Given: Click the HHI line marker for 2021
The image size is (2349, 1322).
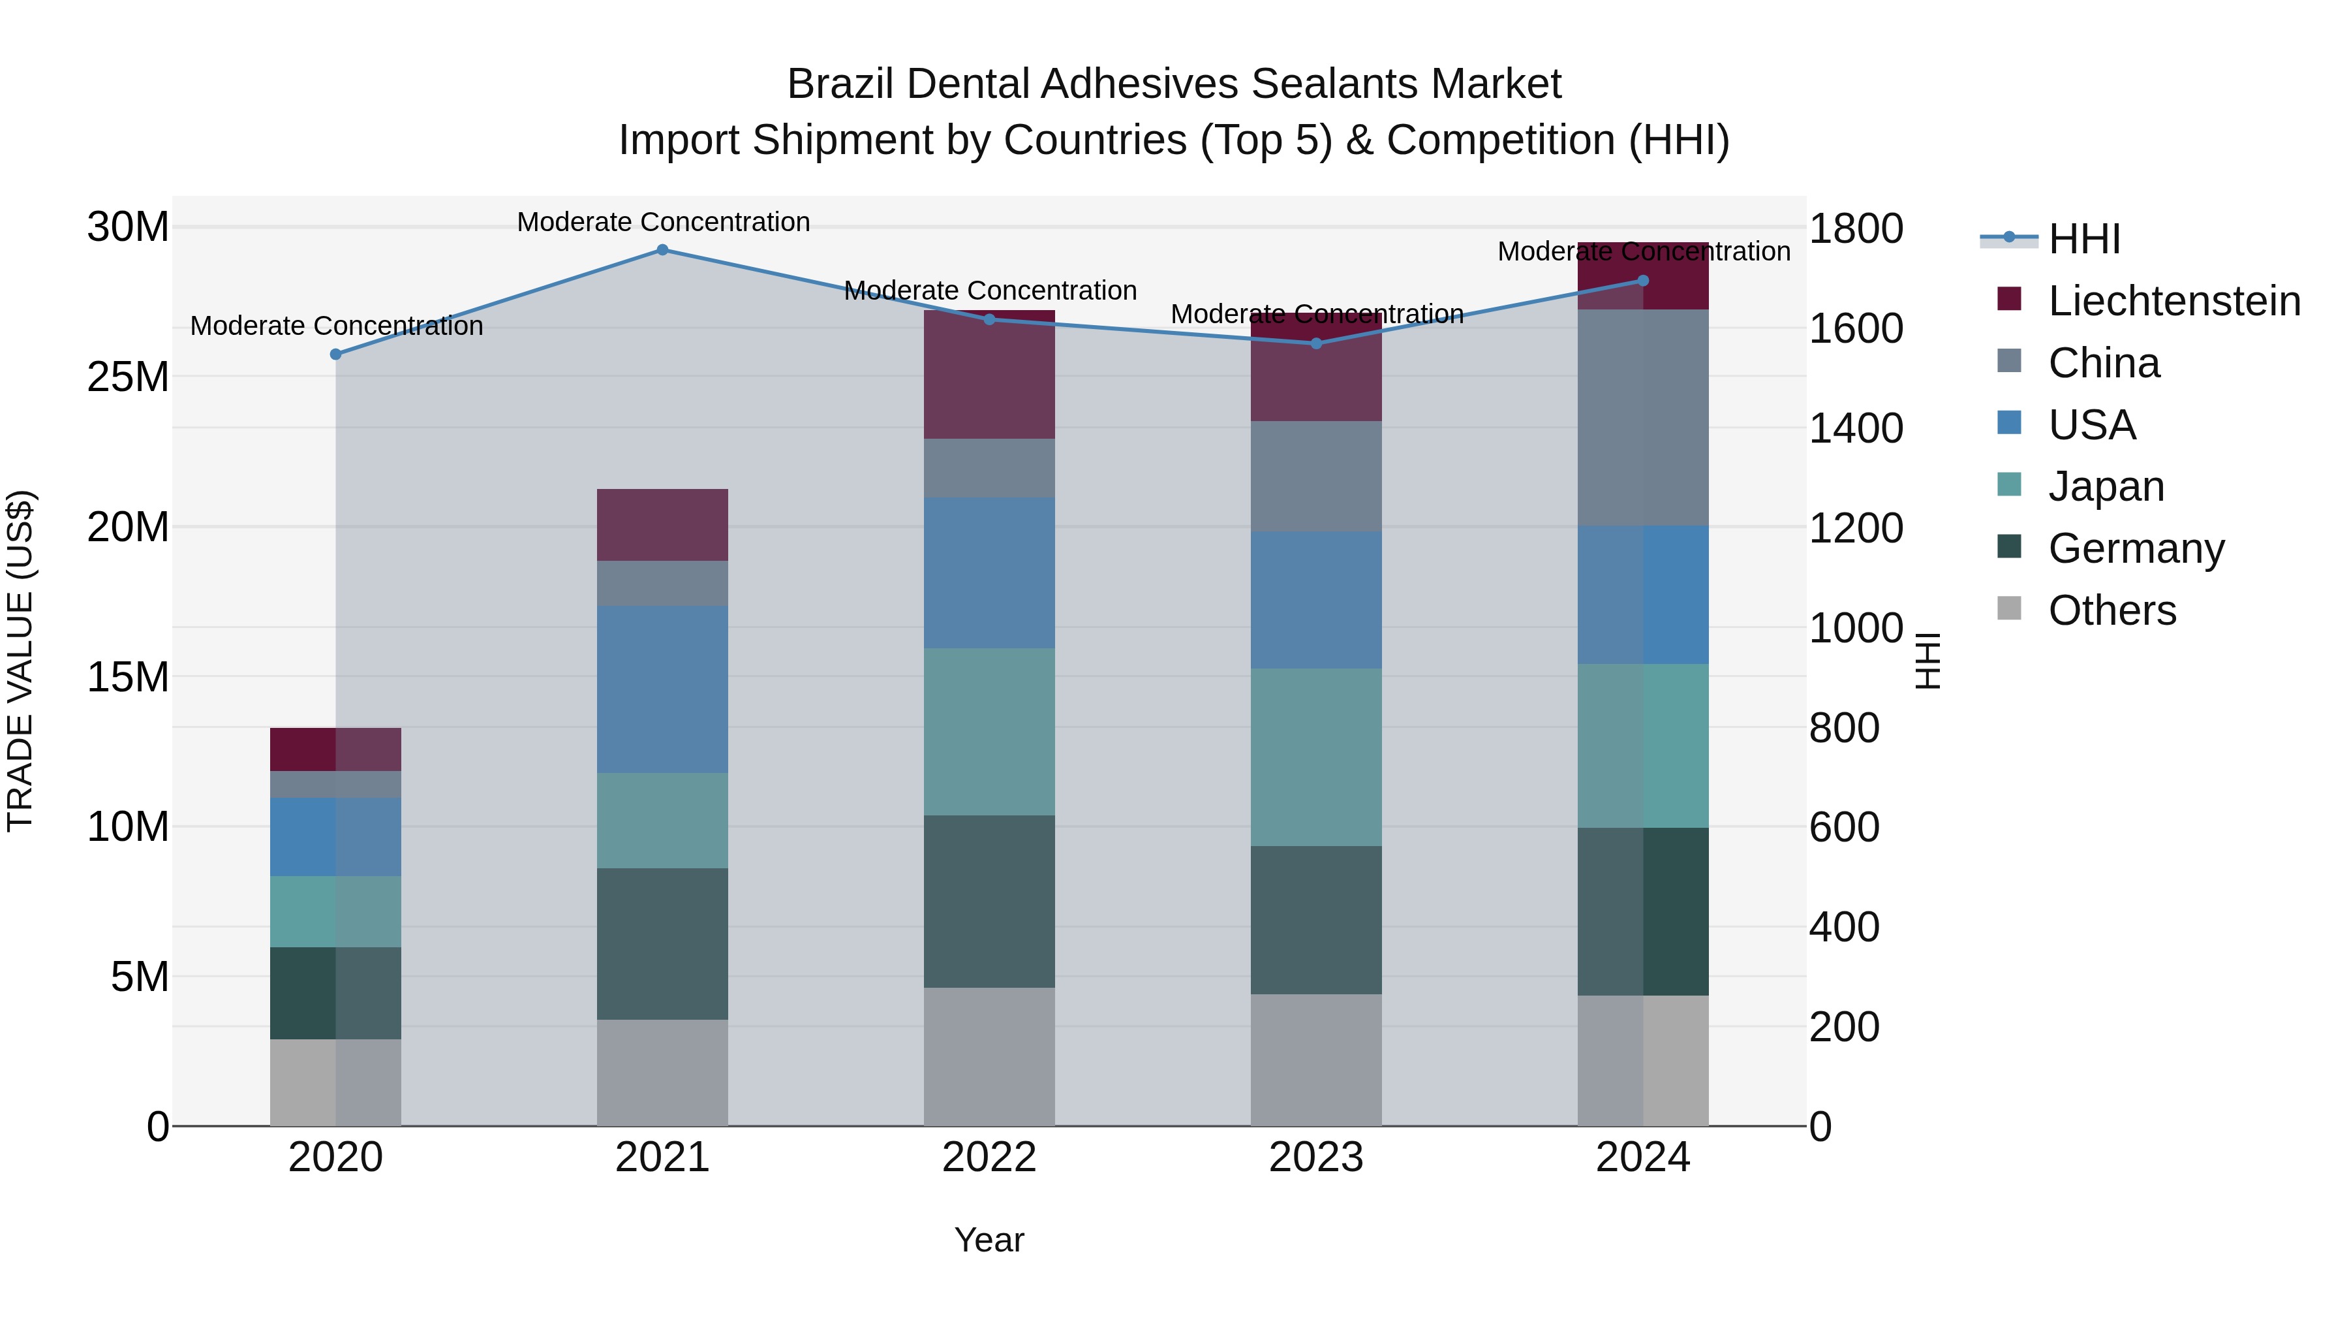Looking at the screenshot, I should [662, 250].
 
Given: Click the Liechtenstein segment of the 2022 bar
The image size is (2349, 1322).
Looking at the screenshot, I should [989, 375].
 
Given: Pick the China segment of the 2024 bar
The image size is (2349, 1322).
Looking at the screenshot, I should [1643, 417].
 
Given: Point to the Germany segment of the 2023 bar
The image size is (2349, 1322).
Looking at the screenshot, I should [1316, 920].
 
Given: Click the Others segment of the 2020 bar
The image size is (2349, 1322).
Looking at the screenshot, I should [335, 1082].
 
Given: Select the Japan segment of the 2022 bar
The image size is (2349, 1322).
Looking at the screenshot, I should [989, 732].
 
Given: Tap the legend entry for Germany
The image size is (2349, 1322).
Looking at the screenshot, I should [2136, 548].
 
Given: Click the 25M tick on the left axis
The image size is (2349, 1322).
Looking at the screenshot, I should [128, 377].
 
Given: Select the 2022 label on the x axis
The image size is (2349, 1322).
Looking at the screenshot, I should [989, 1157].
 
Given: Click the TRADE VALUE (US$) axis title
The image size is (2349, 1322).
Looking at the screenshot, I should [20, 661].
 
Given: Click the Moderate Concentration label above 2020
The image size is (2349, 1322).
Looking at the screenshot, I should [337, 326].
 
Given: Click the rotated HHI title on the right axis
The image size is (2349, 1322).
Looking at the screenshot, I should [1927, 661].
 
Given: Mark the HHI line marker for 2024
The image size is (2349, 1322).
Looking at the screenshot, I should [1643, 281].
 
